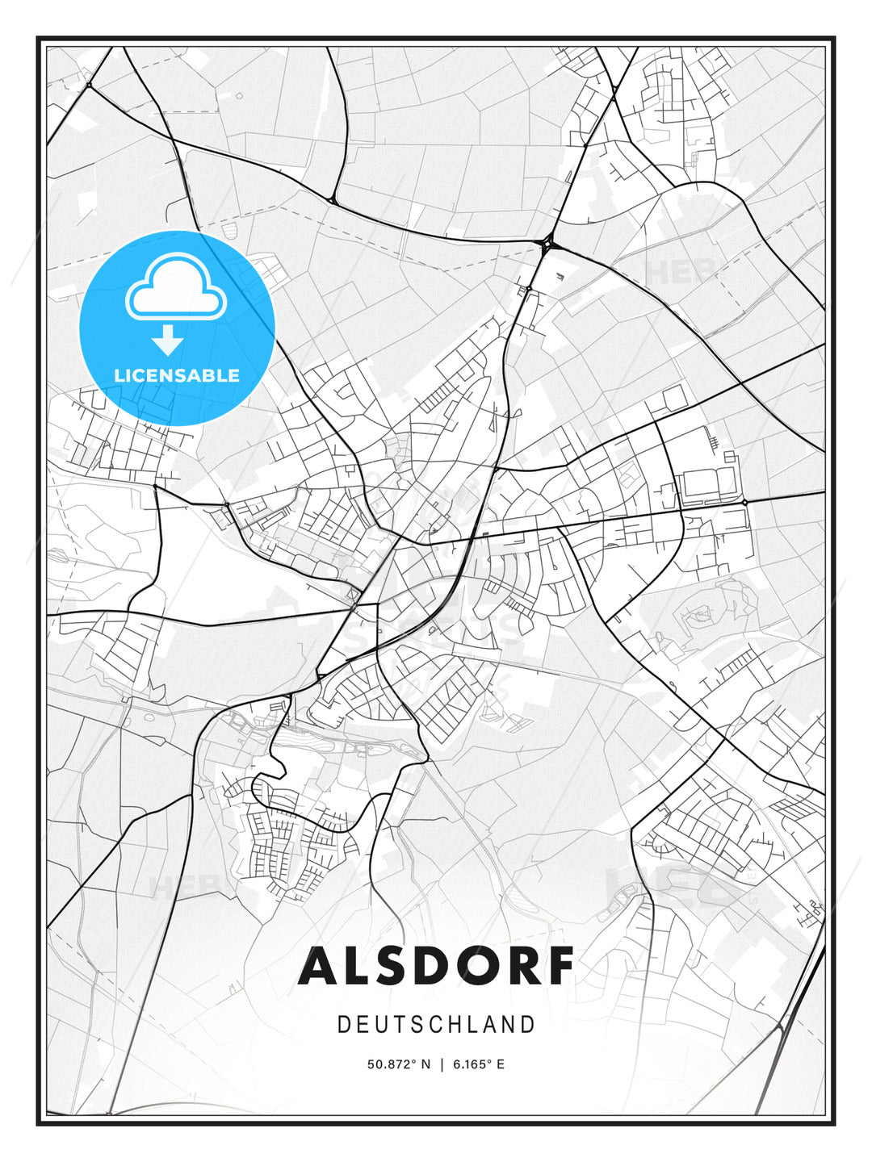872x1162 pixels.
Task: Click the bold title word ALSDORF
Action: coord(436,967)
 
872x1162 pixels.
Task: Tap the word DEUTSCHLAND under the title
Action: coord(436,1025)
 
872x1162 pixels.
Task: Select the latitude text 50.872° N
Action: coord(399,1064)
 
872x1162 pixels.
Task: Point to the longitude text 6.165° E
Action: coord(479,1064)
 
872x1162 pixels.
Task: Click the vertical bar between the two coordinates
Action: coord(442,1064)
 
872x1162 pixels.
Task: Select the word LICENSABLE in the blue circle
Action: coord(177,375)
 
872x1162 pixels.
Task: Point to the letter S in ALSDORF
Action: coord(393,967)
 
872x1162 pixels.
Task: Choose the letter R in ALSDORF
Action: coord(517,967)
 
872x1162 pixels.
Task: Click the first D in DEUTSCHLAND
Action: coord(343,1025)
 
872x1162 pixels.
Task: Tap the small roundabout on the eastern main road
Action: coord(744,502)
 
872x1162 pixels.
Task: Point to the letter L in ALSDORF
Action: coord(356,967)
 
